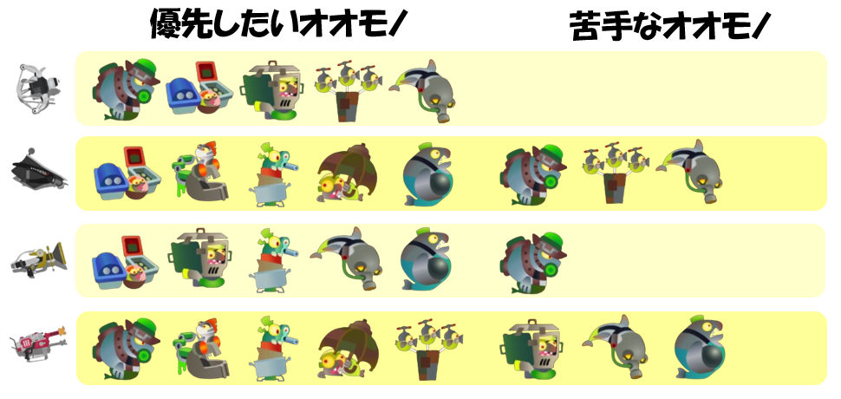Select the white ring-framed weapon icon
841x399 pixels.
tap(37, 88)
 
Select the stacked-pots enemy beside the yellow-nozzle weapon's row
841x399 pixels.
tap(273, 259)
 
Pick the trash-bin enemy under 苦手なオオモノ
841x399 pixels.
tap(531, 349)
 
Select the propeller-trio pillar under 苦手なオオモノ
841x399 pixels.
tap(616, 173)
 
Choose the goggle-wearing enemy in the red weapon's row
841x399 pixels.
tap(202, 349)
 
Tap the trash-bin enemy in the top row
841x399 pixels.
tap(273, 89)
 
